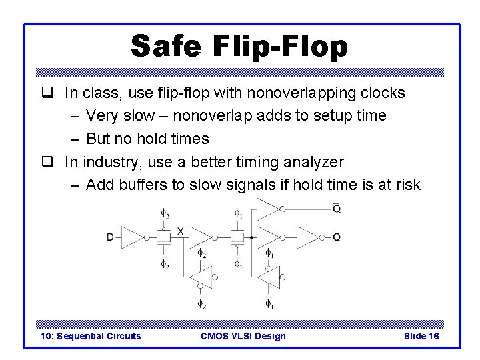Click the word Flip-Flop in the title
(281, 46)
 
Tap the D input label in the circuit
(110, 237)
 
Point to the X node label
(180, 231)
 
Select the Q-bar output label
(337, 209)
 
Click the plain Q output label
(337, 237)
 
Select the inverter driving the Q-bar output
(268, 209)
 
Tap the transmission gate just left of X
(164, 237)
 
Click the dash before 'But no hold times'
(73, 139)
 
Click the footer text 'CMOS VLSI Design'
(243, 336)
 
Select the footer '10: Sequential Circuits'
(91, 336)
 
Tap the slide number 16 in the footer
(432, 336)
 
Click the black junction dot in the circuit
(251, 237)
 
